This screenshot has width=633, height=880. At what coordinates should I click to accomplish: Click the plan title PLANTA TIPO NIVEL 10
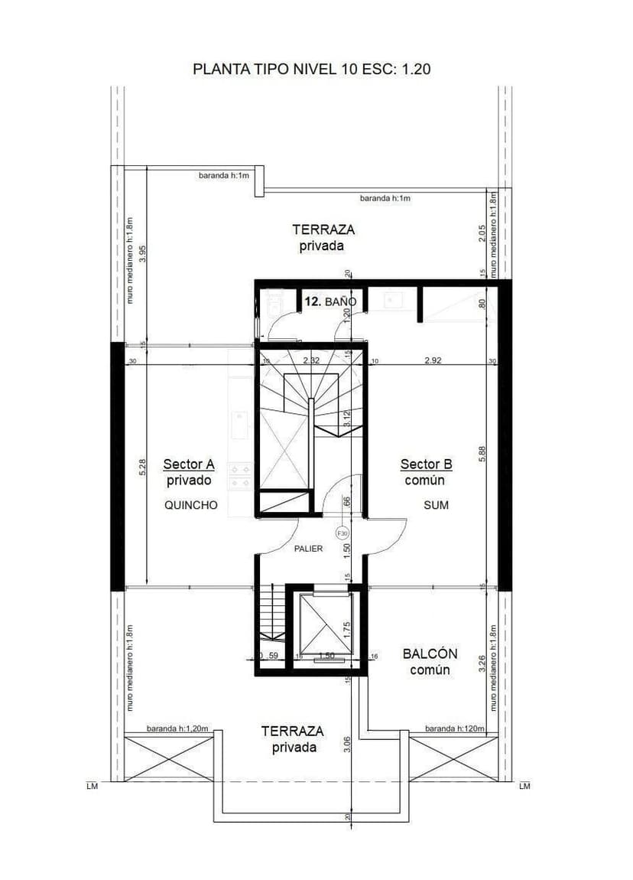click(x=311, y=69)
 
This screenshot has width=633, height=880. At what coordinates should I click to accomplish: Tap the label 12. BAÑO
click(x=330, y=302)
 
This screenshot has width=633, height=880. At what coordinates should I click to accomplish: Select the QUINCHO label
click(x=191, y=505)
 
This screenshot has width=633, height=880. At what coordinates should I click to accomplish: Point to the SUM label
click(x=436, y=505)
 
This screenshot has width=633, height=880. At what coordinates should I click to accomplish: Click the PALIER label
click(x=308, y=549)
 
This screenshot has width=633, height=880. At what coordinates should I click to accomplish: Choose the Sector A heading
click(x=188, y=464)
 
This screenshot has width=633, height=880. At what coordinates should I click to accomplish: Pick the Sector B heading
click(x=426, y=464)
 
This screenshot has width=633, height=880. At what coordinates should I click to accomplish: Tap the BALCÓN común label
click(x=430, y=662)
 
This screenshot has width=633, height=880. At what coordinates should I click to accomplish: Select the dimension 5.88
click(x=482, y=454)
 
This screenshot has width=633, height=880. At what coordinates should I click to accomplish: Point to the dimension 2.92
click(x=434, y=360)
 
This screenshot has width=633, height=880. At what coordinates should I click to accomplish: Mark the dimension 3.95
click(x=143, y=254)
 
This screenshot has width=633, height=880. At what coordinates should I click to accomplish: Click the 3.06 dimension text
click(x=347, y=745)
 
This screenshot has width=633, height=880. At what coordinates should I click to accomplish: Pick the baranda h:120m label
click(x=454, y=728)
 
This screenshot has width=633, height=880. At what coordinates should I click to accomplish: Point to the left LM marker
click(x=93, y=786)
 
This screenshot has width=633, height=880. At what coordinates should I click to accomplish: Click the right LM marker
click(x=524, y=786)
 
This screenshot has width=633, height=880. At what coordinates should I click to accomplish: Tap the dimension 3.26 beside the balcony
click(x=482, y=663)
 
